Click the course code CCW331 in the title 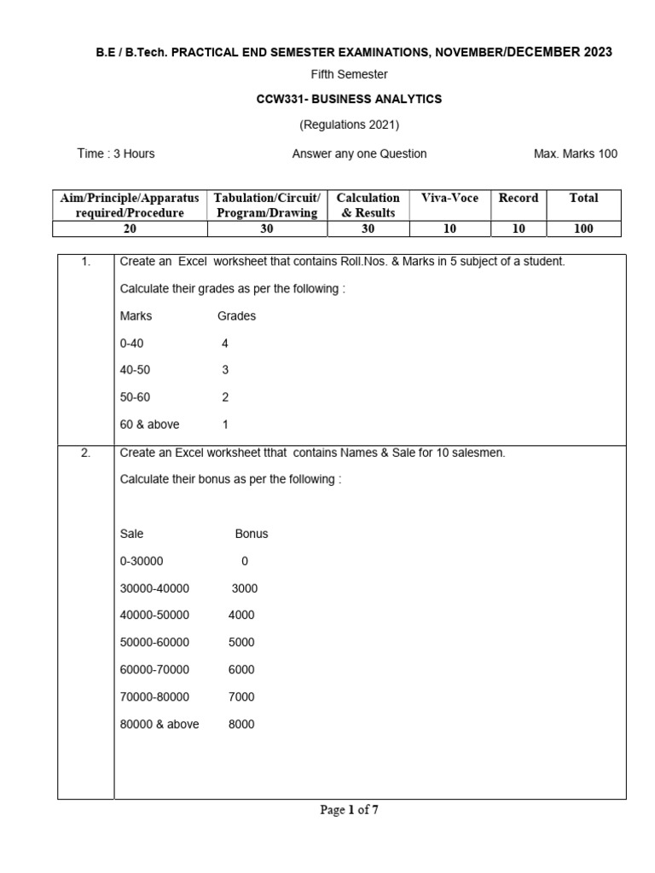pyautogui.click(x=277, y=99)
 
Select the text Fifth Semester pyautogui.click(x=349, y=75)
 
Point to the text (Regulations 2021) pyautogui.click(x=349, y=124)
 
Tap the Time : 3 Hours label pyautogui.click(x=116, y=153)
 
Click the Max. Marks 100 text pyautogui.click(x=575, y=153)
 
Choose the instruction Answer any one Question pyautogui.click(x=359, y=153)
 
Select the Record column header pyautogui.click(x=519, y=198)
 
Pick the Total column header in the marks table pyautogui.click(x=583, y=198)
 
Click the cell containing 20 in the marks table pyautogui.click(x=130, y=228)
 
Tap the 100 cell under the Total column pyautogui.click(x=583, y=228)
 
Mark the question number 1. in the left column pyautogui.click(x=86, y=262)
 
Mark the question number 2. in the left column pyautogui.click(x=86, y=453)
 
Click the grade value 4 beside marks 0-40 pyautogui.click(x=225, y=343)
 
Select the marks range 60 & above pyautogui.click(x=150, y=424)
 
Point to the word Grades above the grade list pyautogui.click(x=236, y=315)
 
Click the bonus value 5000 pyautogui.click(x=241, y=642)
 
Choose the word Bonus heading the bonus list pyautogui.click(x=251, y=534)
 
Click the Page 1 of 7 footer pyautogui.click(x=349, y=810)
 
